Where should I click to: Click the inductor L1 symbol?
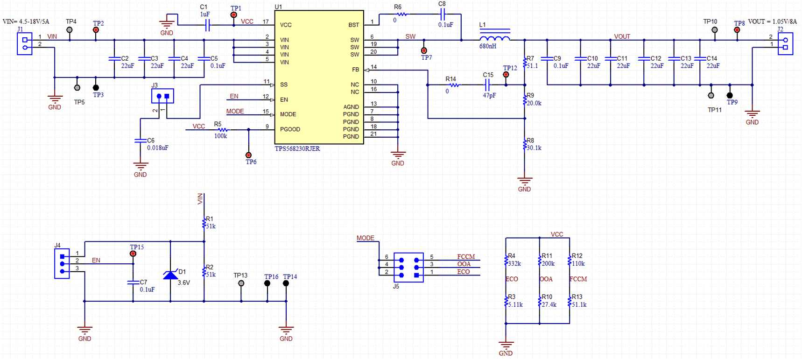494,37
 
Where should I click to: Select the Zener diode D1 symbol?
170,275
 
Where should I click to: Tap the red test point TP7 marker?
424,50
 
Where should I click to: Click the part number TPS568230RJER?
297,149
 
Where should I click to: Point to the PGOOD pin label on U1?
290,129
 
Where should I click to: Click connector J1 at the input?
25,43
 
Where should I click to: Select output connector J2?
785,43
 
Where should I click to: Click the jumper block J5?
408,268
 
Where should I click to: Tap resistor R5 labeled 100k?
223,129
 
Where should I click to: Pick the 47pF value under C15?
489,96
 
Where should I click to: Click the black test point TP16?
267,283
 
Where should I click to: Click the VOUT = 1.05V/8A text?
772,21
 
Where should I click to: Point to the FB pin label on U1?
355,70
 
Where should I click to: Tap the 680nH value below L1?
488,46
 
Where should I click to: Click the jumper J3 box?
162,96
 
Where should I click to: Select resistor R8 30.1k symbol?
525,145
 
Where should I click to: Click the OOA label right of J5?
464,264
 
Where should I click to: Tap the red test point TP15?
133,254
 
